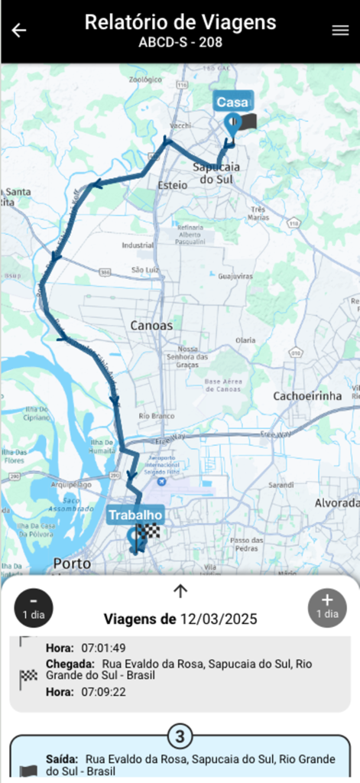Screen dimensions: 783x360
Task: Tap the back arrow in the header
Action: pos(19,31)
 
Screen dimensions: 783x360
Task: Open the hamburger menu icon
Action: pos(340,31)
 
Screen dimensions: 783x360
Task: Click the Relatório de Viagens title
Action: pos(180,22)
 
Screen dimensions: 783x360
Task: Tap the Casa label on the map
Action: pos(232,102)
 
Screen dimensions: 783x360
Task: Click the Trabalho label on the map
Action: pos(135,515)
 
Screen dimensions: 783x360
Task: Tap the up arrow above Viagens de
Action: pos(180,590)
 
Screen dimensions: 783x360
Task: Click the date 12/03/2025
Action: pos(219,619)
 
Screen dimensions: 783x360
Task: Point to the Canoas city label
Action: pos(151,325)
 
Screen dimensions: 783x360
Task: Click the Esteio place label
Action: pos(171,185)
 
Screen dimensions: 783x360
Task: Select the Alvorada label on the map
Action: pos(336,502)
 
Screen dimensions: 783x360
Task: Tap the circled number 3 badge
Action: pos(180,737)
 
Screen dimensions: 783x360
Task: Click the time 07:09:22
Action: pos(104,691)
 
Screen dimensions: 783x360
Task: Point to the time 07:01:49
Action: pos(104,648)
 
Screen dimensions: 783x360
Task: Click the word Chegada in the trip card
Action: pos(70,664)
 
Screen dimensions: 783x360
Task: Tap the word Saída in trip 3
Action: pos(62,759)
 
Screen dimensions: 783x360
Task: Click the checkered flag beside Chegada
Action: pos(28,676)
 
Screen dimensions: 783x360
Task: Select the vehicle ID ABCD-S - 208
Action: pos(180,43)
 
